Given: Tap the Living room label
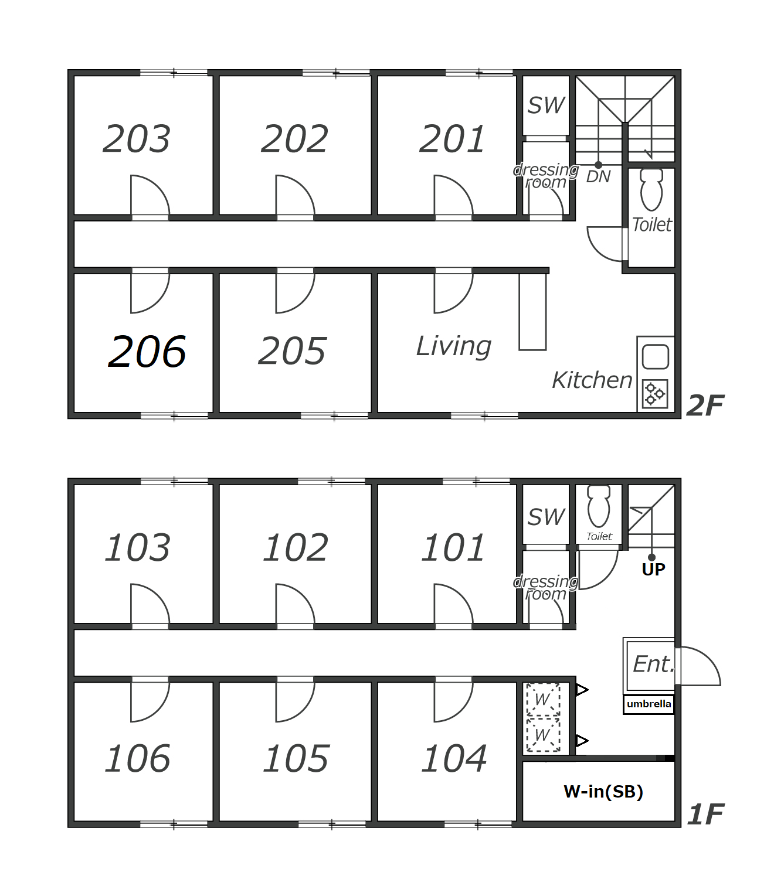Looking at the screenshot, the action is (x=454, y=346).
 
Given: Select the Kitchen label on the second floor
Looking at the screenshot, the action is (x=592, y=380).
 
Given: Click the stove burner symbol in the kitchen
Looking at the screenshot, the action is (x=654, y=394).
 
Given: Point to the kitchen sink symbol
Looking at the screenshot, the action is (x=656, y=356).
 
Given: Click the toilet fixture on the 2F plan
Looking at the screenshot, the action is (x=651, y=190).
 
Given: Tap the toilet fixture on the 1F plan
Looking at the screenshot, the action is (x=598, y=506).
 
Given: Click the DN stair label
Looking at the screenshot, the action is (x=598, y=176).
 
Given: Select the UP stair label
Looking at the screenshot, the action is (x=653, y=569).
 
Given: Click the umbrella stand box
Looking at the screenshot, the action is (x=649, y=704).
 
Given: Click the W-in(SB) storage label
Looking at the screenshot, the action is (x=603, y=792).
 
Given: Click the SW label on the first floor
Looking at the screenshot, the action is (x=546, y=517).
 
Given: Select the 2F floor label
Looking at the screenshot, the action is (x=705, y=406).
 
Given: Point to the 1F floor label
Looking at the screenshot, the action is (x=705, y=815).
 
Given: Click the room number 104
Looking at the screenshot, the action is (x=454, y=758).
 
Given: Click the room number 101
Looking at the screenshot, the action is (x=453, y=548).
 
